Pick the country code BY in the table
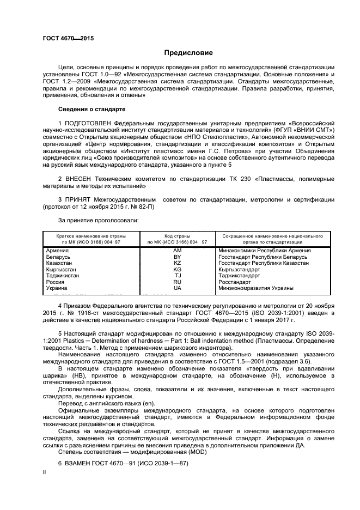[177, 257]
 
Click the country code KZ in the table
[177, 263]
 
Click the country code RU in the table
[177, 282]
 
